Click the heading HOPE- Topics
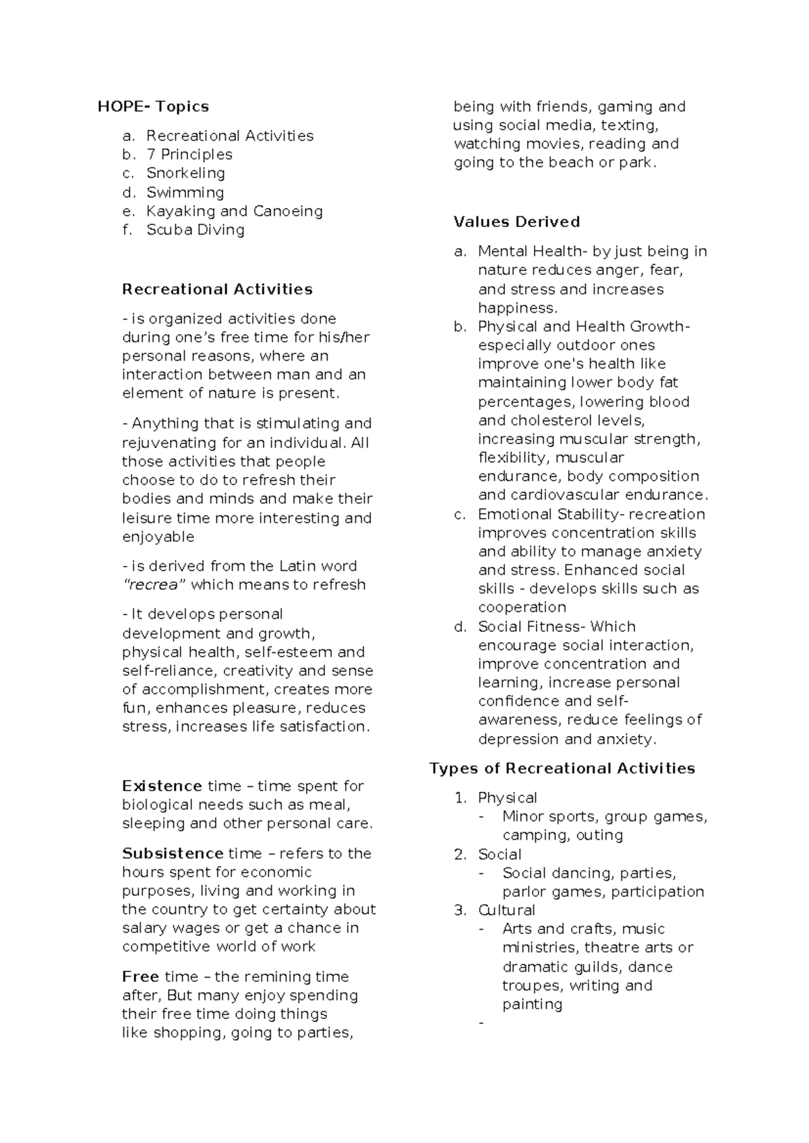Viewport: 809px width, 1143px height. (153, 106)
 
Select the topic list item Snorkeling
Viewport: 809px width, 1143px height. (185, 173)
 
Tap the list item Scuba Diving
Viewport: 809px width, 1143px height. (196, 230)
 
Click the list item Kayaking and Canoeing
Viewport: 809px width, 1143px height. (234, 211)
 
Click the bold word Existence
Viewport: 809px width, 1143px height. (162, 786)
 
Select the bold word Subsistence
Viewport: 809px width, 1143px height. (173, 853)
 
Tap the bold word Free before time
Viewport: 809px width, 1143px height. (140, 977)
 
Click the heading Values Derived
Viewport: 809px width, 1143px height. (516, 222)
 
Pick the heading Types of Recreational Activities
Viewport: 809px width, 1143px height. (562, 768)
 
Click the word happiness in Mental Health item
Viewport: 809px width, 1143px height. (517, 308)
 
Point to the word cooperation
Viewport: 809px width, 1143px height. (522, 607)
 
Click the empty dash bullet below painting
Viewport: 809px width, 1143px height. (481, 1024)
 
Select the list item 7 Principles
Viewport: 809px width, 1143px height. (189, 154)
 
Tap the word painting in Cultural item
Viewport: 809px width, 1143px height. (532, 1004)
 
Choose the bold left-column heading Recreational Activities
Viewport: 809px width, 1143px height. (217, 289)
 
